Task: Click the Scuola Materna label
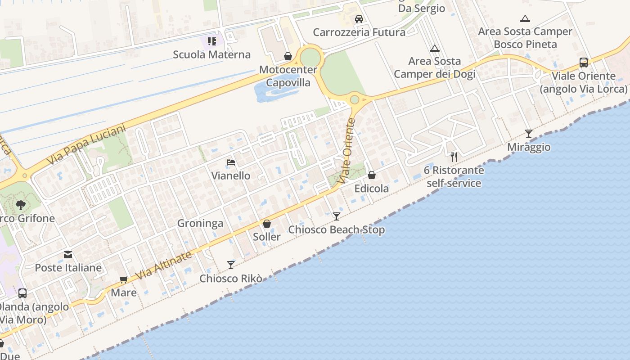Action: pyautogui.click(x=211, y=55)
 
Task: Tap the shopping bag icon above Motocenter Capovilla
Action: pyautogui.click(x=288, y=56)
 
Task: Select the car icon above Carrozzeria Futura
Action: pyautogui.click(x=359, y=19)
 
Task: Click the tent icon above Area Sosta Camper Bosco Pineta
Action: pyautogui.click(x=525, y=19)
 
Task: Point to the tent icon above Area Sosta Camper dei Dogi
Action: pyautogui.click(x=434, y=48)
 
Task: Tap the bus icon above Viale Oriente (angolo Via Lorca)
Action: pyautogui.click(x=584, y=63)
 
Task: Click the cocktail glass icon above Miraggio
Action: pyautogui.click(x=529, y=134)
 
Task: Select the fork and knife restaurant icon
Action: pyautogui.click(x=454, y=157)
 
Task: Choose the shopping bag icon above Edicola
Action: pyautogui.click(x=372, y=175)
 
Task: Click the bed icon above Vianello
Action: pyautogui.click(x=231, y=162)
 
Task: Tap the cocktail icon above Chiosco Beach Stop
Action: pyautogui.click(x=336, y=216)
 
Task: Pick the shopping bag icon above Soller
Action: pyautogui.click(x=267, y=224)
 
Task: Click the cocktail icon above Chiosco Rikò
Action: pyautogui.click(x=231, y=265)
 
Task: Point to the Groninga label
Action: pyautogui.click(x=200, y=223)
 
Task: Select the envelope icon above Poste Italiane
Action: pyautogui.click(x=68, y=255)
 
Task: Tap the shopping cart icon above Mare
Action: pyautogui.click(x=124, y=279)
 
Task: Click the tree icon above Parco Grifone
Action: pyautogui.click(x=20, y=206)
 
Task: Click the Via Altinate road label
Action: pyautogui.click(x=163, y=265)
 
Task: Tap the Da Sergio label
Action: pyautogui.click(x=422, y=8)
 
